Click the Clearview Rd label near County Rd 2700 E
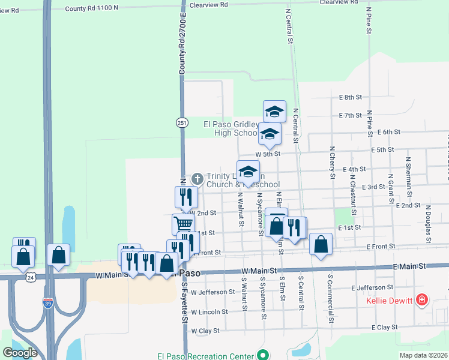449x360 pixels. pyautogui.click(x=208, y=4)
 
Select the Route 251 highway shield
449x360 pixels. pyautogui.click(x=181, y=122)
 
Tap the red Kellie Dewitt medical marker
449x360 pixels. pyautogui.click(x=422, y=299)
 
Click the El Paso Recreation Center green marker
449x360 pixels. pyautogui.click(x=262, y=355)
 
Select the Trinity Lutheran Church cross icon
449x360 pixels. pyautogui.click(x=197, y=179)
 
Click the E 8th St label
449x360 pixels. pyautogui.click(x=351, y=97)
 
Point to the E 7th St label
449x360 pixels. pyautogui.click(x=351, y=115)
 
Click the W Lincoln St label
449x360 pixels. pyautogui.click(x=209, y=311)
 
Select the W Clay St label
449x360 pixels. pyautogui.click(x=205, y=331)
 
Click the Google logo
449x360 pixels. pyautogui.click(x=20, y=353)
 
